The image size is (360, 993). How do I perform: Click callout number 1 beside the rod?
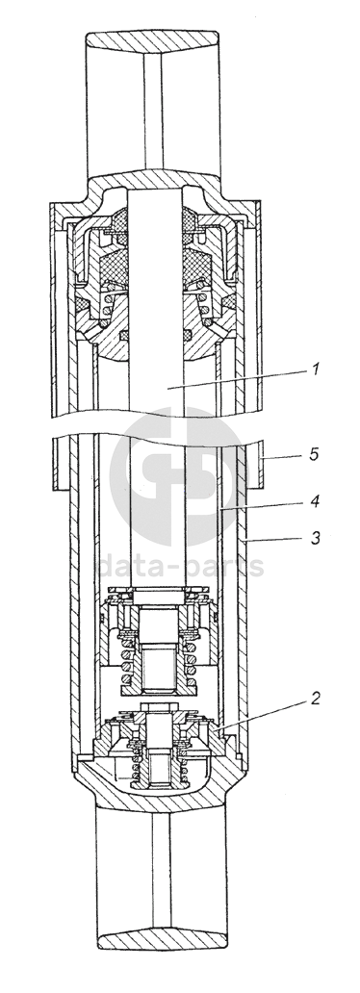[315, 369]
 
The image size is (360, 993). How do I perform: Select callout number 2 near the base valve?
[315, 699]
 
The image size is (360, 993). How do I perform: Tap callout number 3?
[315, 538]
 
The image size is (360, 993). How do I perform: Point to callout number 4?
[315, 502]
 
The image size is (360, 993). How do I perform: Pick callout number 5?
[315, 455]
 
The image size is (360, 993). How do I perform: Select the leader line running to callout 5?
[283, 457]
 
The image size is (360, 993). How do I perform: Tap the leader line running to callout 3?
[274, 541]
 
